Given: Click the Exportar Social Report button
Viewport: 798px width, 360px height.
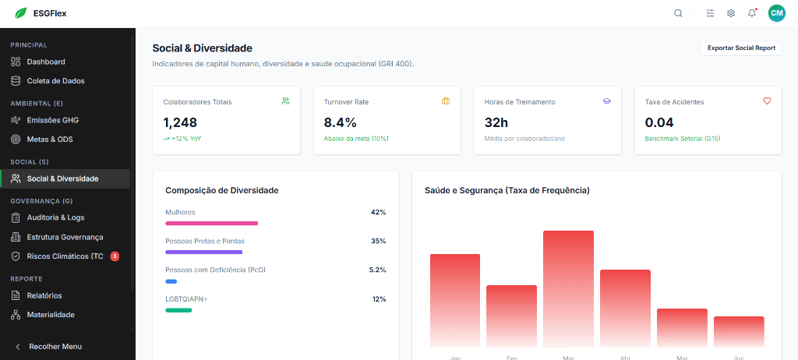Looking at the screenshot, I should (741, 48).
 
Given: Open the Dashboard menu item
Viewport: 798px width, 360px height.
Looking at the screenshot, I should (46, 62).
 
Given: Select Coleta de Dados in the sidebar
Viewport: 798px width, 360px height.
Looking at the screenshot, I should (55, 81).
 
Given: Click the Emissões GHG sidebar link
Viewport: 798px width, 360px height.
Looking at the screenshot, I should (52, 120).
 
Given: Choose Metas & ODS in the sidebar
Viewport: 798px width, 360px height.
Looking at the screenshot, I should (50, 139).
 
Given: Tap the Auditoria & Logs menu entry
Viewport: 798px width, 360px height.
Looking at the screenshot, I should (55, 217).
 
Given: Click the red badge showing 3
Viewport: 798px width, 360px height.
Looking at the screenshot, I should (115, 256).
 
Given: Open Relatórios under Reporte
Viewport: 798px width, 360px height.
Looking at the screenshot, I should (44, 295).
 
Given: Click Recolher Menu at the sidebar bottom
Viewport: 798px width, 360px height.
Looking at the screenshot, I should (55, 346).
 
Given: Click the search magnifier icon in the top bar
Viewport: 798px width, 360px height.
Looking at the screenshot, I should (678, 13).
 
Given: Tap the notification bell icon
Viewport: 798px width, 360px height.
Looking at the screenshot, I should (752, 13).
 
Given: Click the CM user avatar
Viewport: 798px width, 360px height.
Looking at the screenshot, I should (776, 13).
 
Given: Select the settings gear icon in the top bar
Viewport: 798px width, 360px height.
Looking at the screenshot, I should (731, 13).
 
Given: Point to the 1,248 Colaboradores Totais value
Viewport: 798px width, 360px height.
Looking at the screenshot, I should (180, 122).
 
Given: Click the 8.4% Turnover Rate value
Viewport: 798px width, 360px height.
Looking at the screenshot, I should (341, 122).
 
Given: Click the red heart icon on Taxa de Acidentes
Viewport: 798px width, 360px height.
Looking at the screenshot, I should (767, 101).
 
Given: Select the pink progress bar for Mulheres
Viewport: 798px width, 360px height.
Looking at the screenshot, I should (211, 223).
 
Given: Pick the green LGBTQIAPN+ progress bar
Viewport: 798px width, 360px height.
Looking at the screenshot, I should (178, 310).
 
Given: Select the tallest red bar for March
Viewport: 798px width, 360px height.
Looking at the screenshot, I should (568, 288).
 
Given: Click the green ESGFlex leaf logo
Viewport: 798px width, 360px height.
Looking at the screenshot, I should (20, 13).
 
